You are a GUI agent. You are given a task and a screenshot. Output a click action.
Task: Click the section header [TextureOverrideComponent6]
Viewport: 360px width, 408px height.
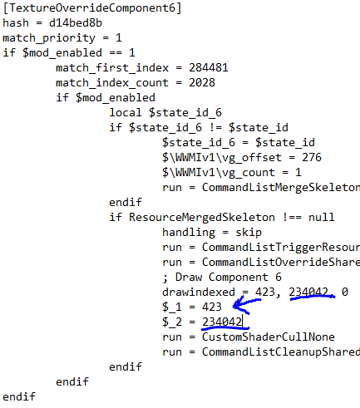click(92, 8)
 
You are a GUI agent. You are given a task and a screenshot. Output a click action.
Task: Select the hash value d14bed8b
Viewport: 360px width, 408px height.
click(76, 22)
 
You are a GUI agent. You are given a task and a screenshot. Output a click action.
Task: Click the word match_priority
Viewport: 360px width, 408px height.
click(49, 38)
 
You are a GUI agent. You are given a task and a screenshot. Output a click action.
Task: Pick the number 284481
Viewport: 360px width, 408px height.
click(209, 68)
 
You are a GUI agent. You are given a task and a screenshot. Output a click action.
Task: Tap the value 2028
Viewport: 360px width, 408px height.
click(202, 83)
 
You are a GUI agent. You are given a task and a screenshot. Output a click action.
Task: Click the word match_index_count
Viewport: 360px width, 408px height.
click(112, 83)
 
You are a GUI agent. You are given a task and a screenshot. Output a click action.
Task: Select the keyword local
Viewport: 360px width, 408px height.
click(126, 112)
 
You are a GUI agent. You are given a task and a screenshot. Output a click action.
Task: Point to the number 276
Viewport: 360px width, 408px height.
click(312, 157)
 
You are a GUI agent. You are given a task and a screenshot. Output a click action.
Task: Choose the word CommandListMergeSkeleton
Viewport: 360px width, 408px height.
click(281, 188)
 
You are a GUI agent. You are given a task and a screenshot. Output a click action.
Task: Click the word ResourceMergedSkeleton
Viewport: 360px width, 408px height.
click(202, 218)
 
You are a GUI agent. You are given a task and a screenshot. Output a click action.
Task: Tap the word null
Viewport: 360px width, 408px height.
click(322, 218)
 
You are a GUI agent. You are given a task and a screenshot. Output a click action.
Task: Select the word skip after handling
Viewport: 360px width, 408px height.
click(249, 233)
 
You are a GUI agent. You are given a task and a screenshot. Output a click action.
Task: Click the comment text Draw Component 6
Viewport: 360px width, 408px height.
click(229, 278)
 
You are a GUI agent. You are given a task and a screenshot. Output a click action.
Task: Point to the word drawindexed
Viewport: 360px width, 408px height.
click(199, 292)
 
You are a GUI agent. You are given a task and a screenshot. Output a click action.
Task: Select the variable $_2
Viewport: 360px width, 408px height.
click(172, 322)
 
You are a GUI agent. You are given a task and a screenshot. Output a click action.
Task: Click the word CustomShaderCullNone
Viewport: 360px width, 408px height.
click(269, 337)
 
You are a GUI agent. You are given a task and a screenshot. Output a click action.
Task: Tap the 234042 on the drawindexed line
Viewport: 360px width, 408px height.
click(308, 292)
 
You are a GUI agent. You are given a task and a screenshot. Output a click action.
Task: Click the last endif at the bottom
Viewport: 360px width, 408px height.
click(19, 397)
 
